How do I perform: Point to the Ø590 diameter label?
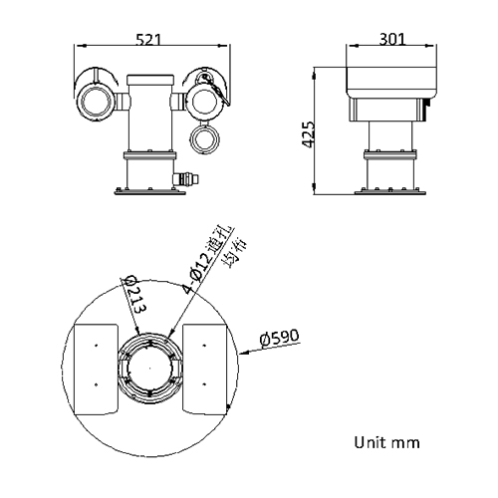[280, 338]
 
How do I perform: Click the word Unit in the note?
[368, 440]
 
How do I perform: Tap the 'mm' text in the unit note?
[405, 440]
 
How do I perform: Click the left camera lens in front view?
[97, 99]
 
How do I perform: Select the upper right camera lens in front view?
[210, 99]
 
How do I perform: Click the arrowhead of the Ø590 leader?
[242, 351]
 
